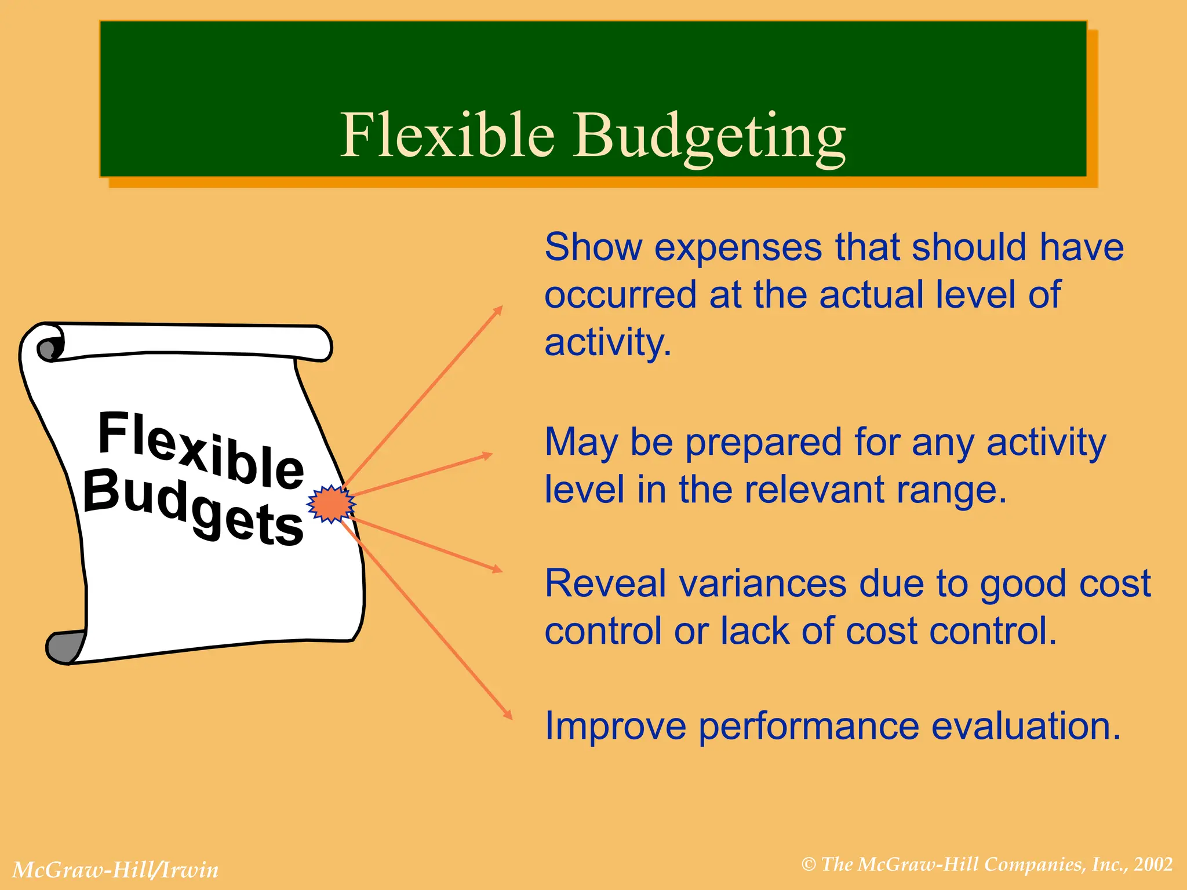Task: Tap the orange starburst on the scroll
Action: pyautogui.click(x=330, y=504)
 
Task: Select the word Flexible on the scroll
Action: pyautogui.click(x=201, y=449)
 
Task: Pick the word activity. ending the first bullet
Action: pyautogui.click(x=607, y=342)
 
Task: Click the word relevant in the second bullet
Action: pyautogui.click(x=815, y=490)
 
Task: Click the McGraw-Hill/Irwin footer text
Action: pyautogui.click(x=115, y=870)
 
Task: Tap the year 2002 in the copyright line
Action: pyautogui.click(x=1153, y=865)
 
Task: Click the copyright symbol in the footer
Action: pyautogui.click(x=809, y=865)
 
